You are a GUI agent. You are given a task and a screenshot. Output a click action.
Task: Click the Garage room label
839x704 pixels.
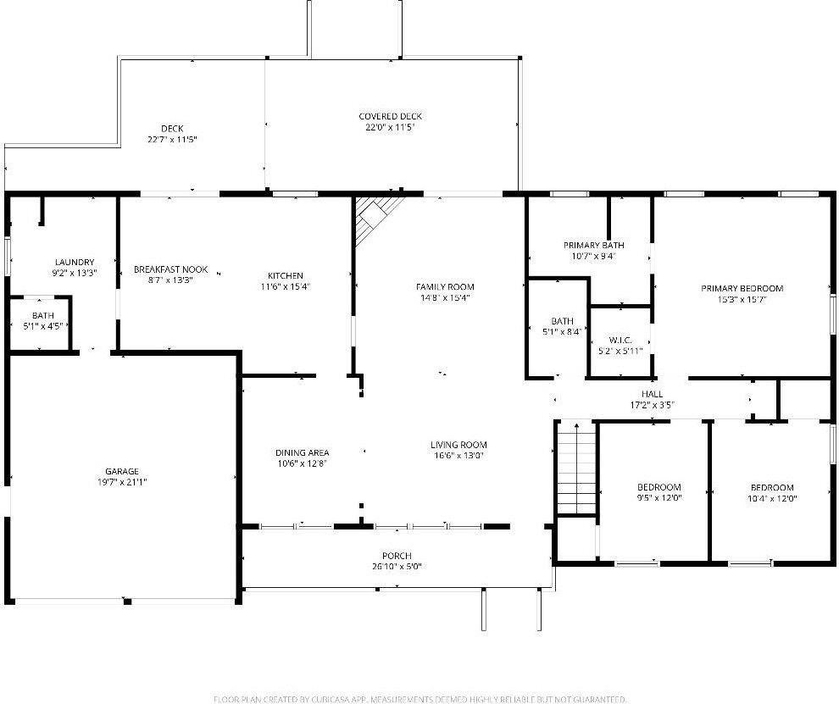pyautogui.click(x=121, y=471)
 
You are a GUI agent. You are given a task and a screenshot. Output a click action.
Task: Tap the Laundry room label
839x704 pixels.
pyautogui.click(x=75, y=262)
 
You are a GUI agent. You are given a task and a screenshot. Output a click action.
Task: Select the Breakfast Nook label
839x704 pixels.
pyautogui.click(x=170, y=269)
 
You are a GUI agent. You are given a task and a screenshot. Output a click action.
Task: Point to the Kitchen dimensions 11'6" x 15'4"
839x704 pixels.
pyautogui.click(x=285, y=286)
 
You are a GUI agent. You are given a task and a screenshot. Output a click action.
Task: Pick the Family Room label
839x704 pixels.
pyautogui.click(x=445, y=286)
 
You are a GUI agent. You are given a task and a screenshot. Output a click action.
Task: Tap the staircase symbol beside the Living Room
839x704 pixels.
pyautogui.click(x=576, y=468)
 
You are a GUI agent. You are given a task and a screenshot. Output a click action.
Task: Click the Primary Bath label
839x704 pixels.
pyautogui.click(x=594, y=245)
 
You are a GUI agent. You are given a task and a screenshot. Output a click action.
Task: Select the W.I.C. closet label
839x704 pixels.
pyautogui.click(x=620, y=339)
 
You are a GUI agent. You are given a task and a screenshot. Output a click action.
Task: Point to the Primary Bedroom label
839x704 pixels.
pyautogui.click(x=742, y=288)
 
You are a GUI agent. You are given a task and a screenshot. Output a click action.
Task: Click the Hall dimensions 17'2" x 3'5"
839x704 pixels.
pyautogui.click(x=652, y=405)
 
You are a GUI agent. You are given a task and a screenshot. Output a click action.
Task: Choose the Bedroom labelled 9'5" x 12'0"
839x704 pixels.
pyautogui.click(x=658, y=487)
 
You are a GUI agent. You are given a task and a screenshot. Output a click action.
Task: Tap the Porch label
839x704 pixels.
pyautogui.click(x=396, y=556)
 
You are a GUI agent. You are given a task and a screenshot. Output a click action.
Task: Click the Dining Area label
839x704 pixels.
pyautogui.click(x=302, y=452)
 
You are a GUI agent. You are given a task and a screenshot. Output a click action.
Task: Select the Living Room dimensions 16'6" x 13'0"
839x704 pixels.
pyautogui.click(x=458, y=456)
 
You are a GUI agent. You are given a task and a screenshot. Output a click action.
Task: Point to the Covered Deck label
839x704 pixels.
pyautogui.click(x=390, y=116)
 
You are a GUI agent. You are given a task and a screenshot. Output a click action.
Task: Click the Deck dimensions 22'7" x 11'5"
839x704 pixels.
pyautogui.click(x=172, y=139)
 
